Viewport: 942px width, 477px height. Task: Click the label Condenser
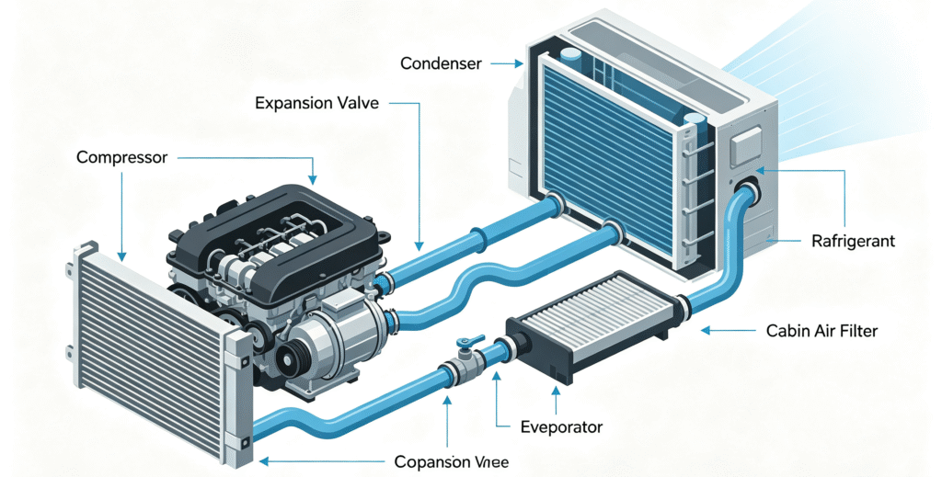click(x=441, y=63)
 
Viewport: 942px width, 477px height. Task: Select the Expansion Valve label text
click(x=316, y=103)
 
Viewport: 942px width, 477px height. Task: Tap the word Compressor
click(x=122, y=158)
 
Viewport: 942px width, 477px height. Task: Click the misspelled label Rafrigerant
click(x=853, y=241)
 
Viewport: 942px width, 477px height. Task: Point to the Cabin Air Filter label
click(x=821, y=330)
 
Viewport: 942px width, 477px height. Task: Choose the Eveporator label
click(x=561, y=427)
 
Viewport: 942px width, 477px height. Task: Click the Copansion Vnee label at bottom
click(x=451, y=462)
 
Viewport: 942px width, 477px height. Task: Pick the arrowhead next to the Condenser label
click(x=519, y=63)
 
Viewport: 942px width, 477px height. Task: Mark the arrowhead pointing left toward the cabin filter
click(x=706, y=330)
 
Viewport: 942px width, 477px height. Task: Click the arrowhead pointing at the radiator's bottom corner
click(x=264, y=462)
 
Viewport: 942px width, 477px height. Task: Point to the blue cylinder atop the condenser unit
click(x=570, y=56)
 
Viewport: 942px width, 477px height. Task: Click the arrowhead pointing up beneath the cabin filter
click(x=557, y=391)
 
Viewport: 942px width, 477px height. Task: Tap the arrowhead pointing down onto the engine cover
click(x=312, y=179)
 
